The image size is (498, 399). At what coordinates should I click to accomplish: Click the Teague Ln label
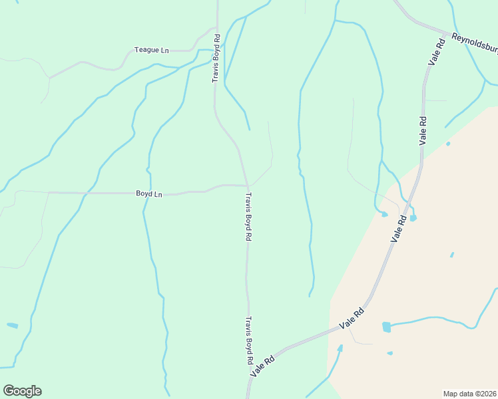152,50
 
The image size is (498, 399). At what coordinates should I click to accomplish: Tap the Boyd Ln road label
149,194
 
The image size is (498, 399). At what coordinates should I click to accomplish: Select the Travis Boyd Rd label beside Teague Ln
216,65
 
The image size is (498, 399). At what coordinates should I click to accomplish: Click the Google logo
23,391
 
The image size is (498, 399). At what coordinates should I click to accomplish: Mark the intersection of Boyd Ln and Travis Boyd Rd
248,186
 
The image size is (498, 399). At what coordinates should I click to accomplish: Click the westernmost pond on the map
13,325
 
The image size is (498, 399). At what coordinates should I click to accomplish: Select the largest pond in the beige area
386,327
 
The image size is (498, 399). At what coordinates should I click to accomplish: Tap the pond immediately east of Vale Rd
413,217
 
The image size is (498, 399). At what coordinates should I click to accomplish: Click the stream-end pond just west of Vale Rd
383,213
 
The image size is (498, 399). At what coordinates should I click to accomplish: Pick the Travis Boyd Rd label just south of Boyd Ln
248,216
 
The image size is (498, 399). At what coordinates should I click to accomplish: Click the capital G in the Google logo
10,391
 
